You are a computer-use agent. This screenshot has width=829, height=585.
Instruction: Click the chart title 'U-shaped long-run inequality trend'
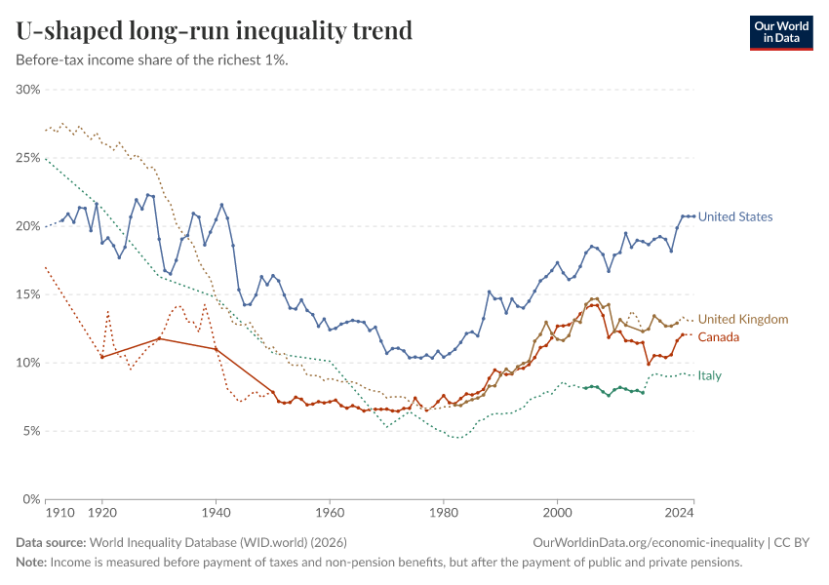(214, 30)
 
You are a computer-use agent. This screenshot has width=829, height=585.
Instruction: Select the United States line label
(735, 216)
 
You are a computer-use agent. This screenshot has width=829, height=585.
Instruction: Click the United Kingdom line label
(743, 319)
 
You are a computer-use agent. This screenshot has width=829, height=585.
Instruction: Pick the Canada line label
(719, 336)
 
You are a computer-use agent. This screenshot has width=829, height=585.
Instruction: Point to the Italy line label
(709, 375)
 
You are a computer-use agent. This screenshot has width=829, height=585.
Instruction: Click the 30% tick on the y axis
(27, 90)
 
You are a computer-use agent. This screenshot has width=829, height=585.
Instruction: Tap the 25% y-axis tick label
(27, 158)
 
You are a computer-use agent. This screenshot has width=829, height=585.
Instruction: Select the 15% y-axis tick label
(27, 294)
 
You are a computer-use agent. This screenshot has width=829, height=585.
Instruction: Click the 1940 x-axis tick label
(216, 512)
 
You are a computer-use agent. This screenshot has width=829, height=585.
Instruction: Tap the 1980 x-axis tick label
(444, 512)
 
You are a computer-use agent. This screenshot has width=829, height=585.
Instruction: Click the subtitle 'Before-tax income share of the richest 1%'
(152, 59)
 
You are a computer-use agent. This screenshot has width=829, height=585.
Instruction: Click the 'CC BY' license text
(794, 542)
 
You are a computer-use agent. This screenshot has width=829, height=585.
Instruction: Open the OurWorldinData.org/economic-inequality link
(649, 542)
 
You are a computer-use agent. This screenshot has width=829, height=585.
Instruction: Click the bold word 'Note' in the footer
(29, 563)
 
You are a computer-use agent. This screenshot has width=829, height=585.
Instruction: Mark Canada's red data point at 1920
(101, 357)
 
